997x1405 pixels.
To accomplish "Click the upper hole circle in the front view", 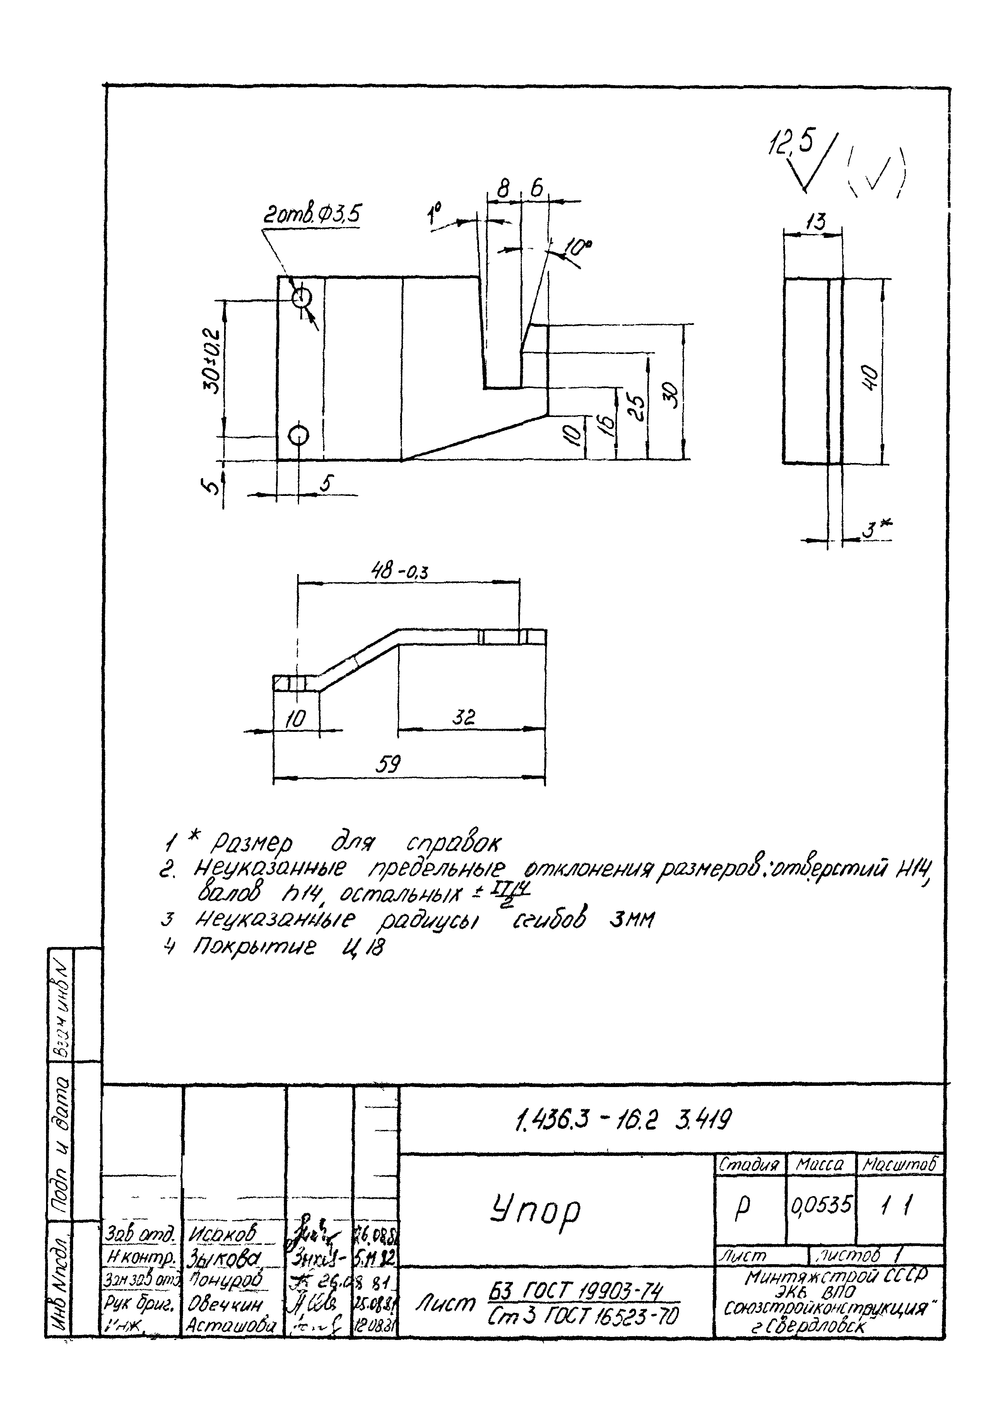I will pos(301,298).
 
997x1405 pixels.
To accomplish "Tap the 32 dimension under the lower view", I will pos(464,717).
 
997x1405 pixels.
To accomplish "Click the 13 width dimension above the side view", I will pos(815,222).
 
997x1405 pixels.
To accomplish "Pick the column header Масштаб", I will pos(901,1164).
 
